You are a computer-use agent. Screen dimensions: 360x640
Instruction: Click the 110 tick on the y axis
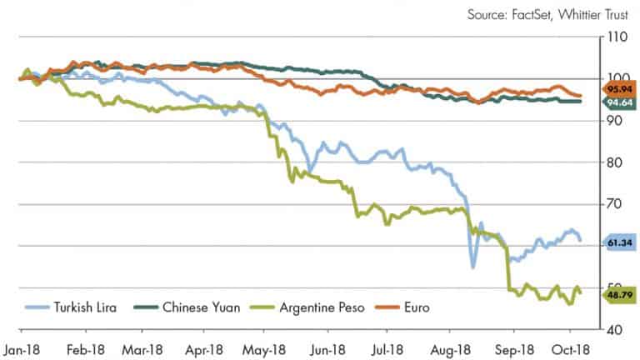617,38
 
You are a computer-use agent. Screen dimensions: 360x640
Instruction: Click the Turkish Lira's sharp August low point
473,266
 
